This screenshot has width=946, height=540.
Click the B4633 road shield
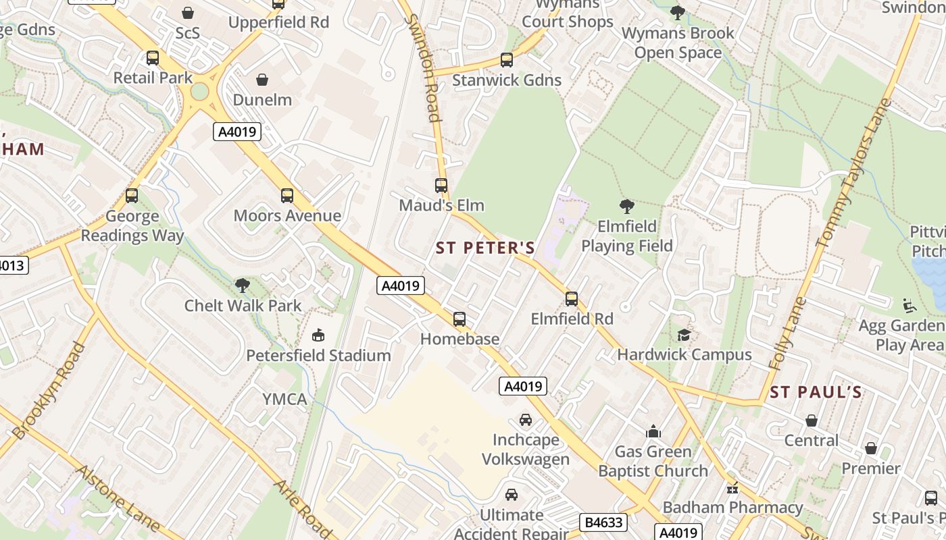(603, 522)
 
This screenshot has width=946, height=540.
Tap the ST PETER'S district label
(485, 248)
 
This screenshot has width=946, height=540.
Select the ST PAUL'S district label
(816, 392)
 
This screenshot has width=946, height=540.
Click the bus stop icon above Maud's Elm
(441, 185)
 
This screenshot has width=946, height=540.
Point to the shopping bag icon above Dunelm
(262, 80)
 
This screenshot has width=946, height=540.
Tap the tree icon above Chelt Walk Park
(242, 286)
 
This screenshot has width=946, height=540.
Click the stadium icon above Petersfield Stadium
(318, 335)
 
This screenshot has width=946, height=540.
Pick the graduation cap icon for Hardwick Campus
(684, 335)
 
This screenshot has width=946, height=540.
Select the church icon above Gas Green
(653, 431)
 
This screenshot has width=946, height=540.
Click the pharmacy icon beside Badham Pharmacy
(732, 488)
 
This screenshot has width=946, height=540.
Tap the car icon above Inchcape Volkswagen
(526, 420)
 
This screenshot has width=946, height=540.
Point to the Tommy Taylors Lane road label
(854, 173)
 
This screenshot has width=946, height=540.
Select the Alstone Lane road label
(118, 498)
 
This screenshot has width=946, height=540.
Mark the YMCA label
(284, 399)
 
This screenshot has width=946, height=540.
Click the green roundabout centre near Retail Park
(200, 91)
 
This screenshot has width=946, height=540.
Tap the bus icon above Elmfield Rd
(572, 298)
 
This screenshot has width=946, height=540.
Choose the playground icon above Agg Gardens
(910, 306)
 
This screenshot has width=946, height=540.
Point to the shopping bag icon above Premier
(871, 448)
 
